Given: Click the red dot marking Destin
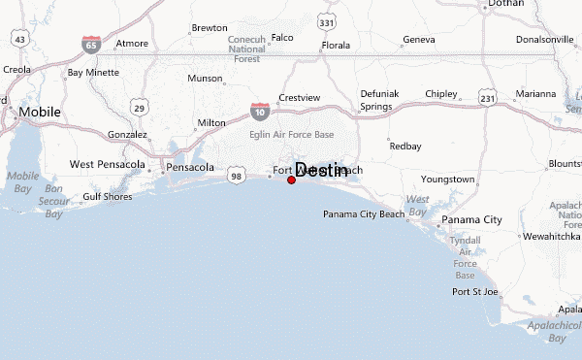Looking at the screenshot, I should coord(292,180).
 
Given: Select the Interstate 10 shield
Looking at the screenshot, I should coord(260,112).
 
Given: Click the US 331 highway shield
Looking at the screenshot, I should coord(327,21).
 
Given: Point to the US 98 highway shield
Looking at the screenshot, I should coord(236,176).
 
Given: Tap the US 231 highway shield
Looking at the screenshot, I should coord(488,99).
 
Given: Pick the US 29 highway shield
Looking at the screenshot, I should coord(140,108).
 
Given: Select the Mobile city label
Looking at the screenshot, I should coord(39,112).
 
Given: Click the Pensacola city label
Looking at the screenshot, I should coord(190,167).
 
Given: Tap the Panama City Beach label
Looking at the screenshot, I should coord(364,213).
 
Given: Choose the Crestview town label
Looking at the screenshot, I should coord(299,98).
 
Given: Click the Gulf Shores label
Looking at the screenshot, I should coord(107,196).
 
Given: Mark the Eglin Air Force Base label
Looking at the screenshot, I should coord(292,134).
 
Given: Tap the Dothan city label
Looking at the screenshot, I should coord(505,4).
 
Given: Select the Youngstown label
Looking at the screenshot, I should coord(447,180).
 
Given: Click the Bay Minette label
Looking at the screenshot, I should coord(91,73).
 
